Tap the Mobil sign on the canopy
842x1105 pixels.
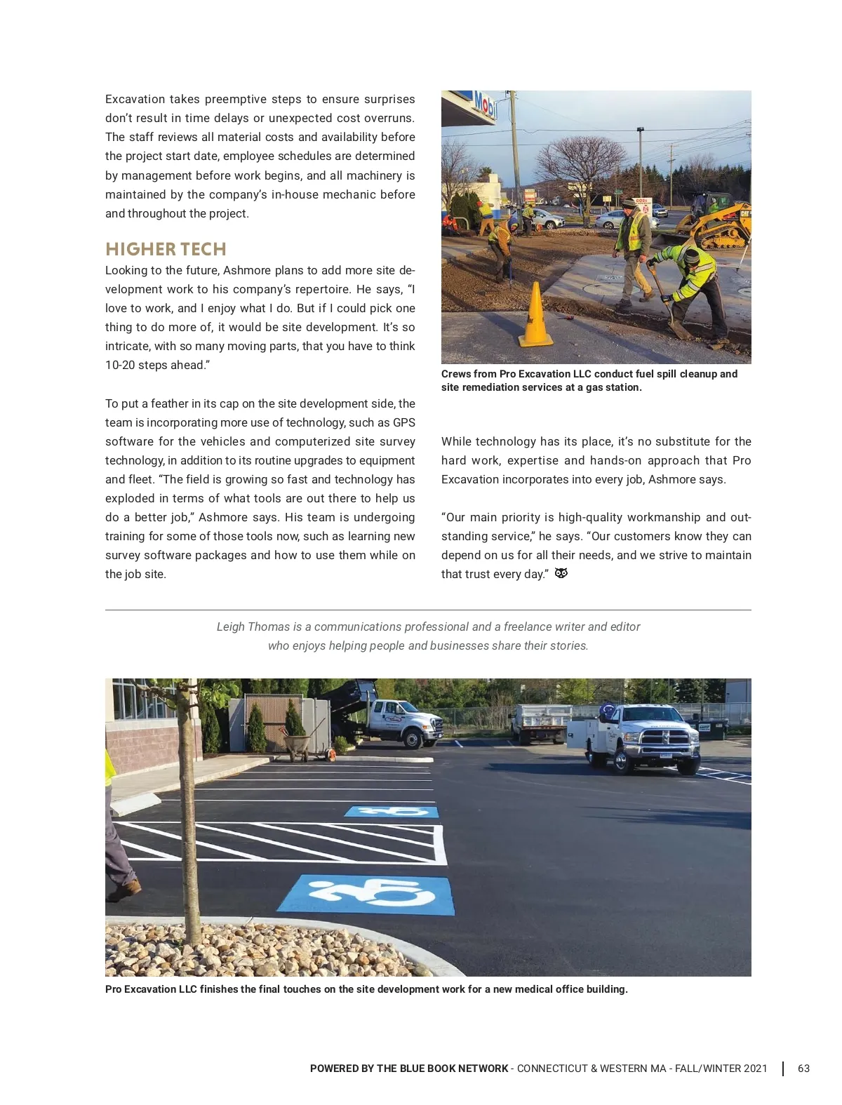(x=484, y=105)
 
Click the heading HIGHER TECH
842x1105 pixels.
(x=166, y=249)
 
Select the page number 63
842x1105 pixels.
(x=803, y=1069)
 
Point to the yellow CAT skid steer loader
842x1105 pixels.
(x=716, y=225)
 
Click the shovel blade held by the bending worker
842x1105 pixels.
(x=678, y=328)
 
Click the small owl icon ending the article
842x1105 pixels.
(x=561, y=573)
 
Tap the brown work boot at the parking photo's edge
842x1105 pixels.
(x=123, y=890)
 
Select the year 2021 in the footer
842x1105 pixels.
(x=755, y=1069)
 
